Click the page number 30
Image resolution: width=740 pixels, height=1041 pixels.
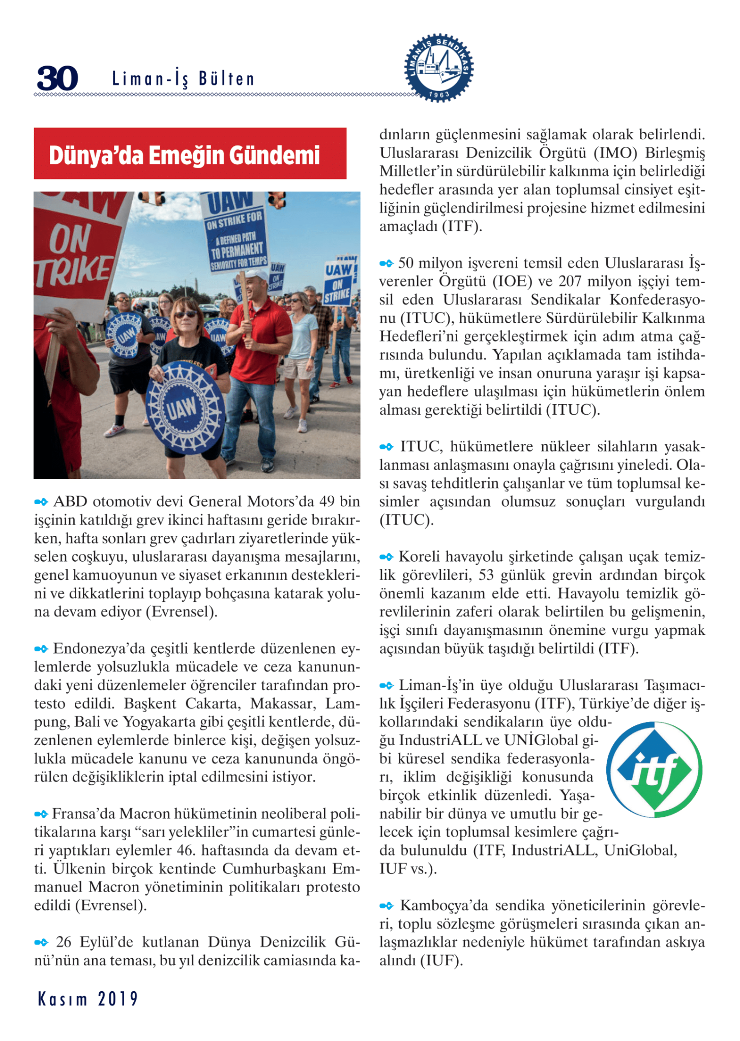pyautogui.click(x=57, y=78)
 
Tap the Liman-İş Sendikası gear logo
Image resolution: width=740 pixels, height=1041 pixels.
pyautogui.click(x=439, y=68)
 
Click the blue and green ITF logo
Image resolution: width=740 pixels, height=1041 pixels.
pyautogui.click(x=654, y=770)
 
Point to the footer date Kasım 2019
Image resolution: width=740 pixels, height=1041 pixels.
pyautogui.click(x=87, y=998)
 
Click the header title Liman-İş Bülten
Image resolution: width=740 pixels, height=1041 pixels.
pyautogui.click(x=183, y=79)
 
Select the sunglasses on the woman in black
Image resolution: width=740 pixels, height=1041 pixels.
pyautogui.click(x=185, y=315)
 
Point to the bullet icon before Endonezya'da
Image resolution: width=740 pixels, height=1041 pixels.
pyautogui.click(x=41, y=649)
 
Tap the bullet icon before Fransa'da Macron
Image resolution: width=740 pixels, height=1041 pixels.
pyautogui.click(x=41, y=814)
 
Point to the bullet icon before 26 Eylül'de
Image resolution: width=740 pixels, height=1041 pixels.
pyautogui.click(x=41, y=942)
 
